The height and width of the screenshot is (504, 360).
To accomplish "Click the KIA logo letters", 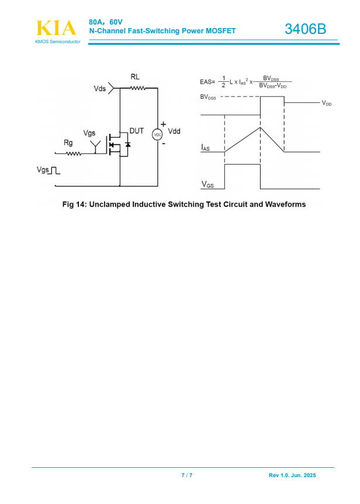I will pos(56,28).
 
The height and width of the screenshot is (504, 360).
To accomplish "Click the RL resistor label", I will pos(136,77).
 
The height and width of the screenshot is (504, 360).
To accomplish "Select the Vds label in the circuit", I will pos(100,89).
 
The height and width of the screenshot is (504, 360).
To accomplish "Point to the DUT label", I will pos(136,131).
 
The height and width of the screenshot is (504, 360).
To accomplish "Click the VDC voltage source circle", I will pos(157,135).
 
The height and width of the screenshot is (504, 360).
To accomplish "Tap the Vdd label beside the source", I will pos(174,132).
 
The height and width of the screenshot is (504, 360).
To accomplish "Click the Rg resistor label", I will pos(68,143).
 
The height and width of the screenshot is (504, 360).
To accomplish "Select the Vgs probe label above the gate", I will pos(89,133).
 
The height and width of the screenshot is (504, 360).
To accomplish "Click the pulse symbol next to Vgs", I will pos(55,170).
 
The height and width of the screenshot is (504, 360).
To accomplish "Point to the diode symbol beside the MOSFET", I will pos(128,144).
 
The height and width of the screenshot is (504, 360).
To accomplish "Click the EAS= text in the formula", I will pos(207,82).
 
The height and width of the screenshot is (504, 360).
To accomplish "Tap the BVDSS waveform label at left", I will pos(208,98).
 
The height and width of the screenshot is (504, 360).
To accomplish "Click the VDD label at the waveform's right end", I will pos(326,103).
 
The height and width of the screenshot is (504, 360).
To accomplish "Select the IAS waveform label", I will pos(205,148).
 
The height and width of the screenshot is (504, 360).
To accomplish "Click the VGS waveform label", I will pos(207,185).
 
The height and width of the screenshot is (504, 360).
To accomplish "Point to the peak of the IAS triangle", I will pos(260,128).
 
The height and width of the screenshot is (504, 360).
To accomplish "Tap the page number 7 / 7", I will pos(187,476).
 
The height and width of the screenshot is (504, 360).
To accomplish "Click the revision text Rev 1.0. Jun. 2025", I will pos(292,476).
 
